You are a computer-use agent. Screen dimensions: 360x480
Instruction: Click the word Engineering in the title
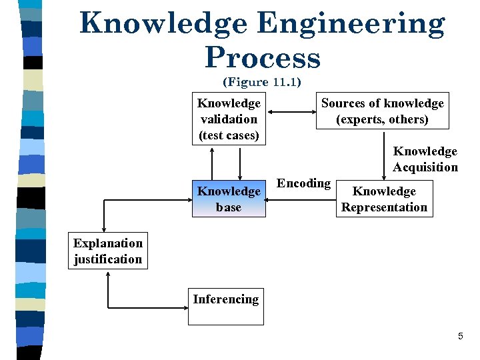pos(351,24)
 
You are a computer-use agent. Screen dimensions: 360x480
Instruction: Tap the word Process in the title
pos(263,58)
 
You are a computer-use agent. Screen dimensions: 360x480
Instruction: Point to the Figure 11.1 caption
pos(262,82)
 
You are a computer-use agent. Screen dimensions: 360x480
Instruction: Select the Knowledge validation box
pos(229,119)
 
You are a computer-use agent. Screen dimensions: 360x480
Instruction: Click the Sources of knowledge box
pos(382,111)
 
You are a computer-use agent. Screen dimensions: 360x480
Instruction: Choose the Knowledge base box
pos(229,199)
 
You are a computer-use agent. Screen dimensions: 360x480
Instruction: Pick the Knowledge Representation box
pos(384,199)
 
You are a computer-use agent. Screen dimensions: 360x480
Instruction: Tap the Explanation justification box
pos(108,251)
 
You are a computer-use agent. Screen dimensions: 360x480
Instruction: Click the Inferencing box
pos(225,306)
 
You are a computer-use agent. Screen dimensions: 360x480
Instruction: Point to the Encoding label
pos(303,183)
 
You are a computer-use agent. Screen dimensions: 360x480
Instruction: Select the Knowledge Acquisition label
pos(425,159)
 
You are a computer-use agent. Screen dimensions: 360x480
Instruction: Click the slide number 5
pos(460,337)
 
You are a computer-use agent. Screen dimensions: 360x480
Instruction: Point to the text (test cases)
pos(229,135)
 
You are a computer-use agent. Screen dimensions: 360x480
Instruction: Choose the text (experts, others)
pos(382,119)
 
